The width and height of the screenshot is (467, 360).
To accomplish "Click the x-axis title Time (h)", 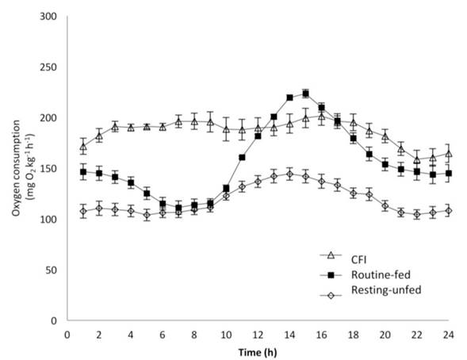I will [260, 349].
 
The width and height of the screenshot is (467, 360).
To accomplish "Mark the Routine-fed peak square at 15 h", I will [305, 94].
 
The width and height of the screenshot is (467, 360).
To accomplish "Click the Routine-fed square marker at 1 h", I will [83, 172].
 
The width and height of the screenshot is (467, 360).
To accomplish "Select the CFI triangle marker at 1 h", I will [83, 147].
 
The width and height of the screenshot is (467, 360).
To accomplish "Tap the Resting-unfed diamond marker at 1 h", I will [83, 211].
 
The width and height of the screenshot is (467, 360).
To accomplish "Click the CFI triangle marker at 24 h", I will [448, 154].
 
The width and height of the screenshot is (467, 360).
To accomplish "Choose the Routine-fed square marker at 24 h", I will [448, 174].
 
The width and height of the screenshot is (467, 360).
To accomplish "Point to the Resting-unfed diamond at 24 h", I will [448, 210].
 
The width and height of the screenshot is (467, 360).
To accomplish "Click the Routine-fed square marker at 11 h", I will [242, 158].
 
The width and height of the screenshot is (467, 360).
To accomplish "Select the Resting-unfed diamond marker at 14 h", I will [289, 174].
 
